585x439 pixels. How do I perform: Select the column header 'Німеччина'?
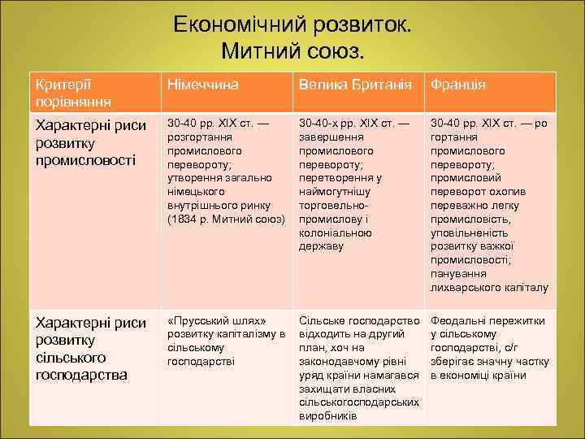[201, 85]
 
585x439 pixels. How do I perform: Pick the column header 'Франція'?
[458, 85]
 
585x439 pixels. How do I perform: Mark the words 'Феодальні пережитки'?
[487, 321]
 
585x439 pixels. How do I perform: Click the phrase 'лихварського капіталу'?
[489, 287]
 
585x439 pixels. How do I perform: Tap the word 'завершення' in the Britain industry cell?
[328, 137]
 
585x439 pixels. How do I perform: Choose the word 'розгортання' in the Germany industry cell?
[197, 137]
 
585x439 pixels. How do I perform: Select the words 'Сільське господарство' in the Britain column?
[359, 321]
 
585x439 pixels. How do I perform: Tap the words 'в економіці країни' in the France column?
[479, 376]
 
